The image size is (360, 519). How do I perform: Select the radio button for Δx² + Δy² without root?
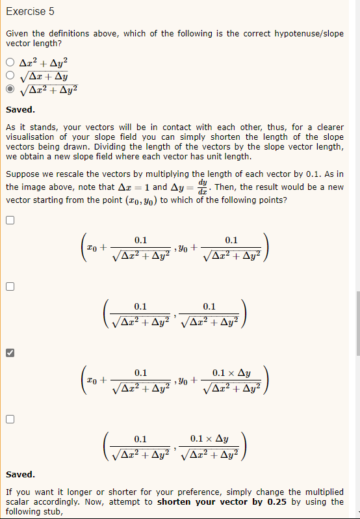9,63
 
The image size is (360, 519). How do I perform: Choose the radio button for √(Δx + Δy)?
9,76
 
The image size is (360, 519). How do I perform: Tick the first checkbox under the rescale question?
9,220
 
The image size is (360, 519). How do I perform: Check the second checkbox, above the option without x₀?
9,287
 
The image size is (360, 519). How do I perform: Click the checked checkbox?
9,353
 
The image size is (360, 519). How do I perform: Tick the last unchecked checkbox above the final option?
9,419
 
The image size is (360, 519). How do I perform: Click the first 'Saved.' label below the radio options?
20,110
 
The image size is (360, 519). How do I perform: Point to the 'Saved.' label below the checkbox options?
20,475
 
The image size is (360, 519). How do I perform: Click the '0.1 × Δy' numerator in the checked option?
231,373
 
